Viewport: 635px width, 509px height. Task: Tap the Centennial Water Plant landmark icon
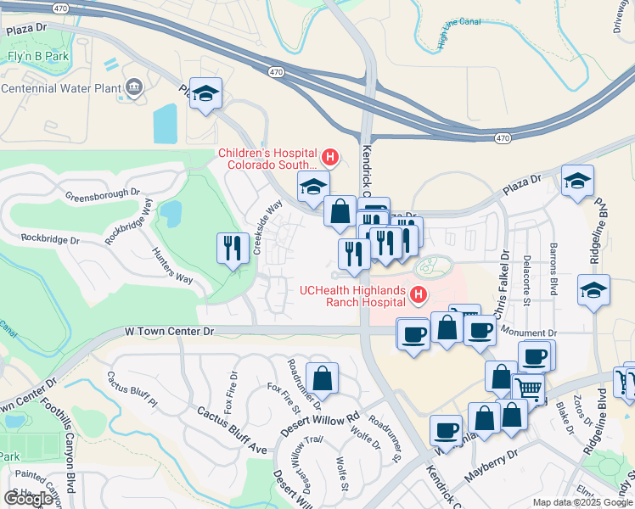(x=133, y=87)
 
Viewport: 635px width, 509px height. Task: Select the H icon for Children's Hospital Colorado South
(x=330, y=157)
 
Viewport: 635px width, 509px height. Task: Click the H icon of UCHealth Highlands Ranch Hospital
(x=418, y=295)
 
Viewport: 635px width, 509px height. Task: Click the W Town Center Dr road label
(x=170, y=330)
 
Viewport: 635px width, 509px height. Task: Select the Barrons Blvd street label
(x=553, y=279)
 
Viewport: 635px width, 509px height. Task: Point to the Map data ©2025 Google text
(x=582, y=502)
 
